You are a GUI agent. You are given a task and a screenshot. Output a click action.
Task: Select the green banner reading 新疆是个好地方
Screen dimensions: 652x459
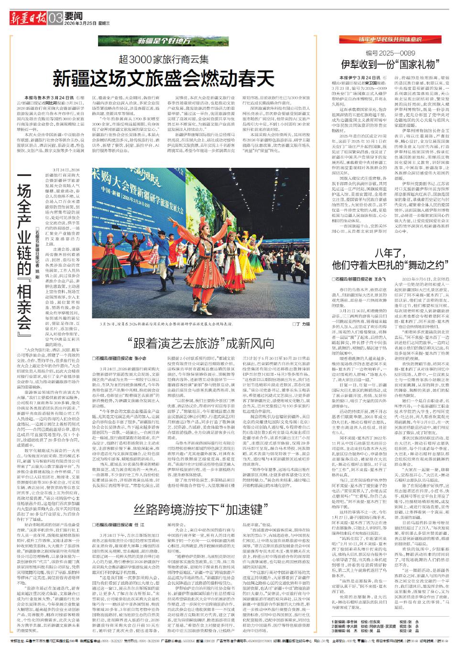(163, 42)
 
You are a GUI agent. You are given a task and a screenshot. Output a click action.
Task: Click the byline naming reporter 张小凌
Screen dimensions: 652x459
(114, 358)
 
